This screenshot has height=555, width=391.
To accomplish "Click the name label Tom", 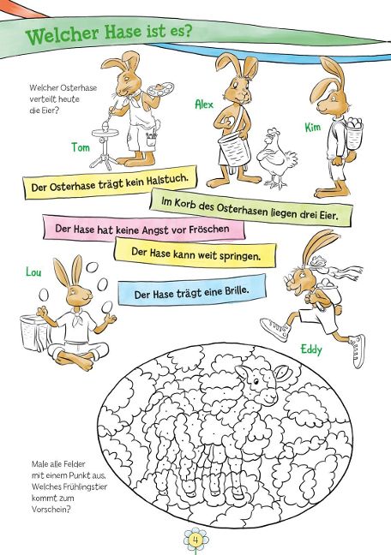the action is (81, 147).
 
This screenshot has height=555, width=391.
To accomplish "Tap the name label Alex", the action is (204, 104).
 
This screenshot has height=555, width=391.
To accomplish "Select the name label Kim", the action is (313, 127).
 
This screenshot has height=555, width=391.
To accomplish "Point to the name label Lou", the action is (33, 272).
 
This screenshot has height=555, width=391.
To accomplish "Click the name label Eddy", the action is (311, 349).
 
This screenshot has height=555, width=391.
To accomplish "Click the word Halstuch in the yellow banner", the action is (172, 180).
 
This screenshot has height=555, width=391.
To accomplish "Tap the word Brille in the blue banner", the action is (237, 291).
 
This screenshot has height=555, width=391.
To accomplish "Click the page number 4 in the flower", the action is (195, 540).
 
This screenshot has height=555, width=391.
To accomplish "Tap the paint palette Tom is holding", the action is (160, 88).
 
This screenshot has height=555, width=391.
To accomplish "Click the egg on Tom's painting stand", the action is (105, 126).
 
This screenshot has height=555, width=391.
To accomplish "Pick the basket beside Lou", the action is (33, 332).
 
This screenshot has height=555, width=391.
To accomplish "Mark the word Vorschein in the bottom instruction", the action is (51, 510).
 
